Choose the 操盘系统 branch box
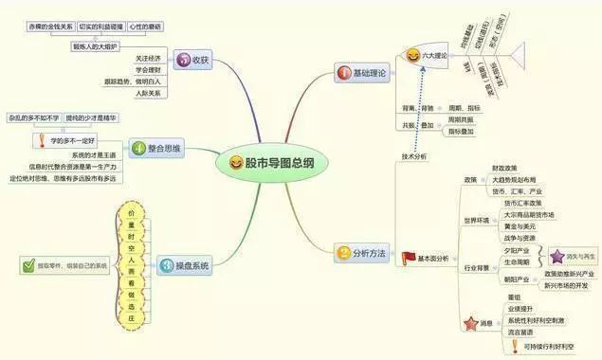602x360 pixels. point(181,266)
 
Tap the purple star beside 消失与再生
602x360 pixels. point(555,256)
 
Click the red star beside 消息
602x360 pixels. point(470,323)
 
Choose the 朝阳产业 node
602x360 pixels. point(519,279)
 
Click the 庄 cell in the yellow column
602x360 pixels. point(132,319)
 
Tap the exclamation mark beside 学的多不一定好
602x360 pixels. point(41,140)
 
